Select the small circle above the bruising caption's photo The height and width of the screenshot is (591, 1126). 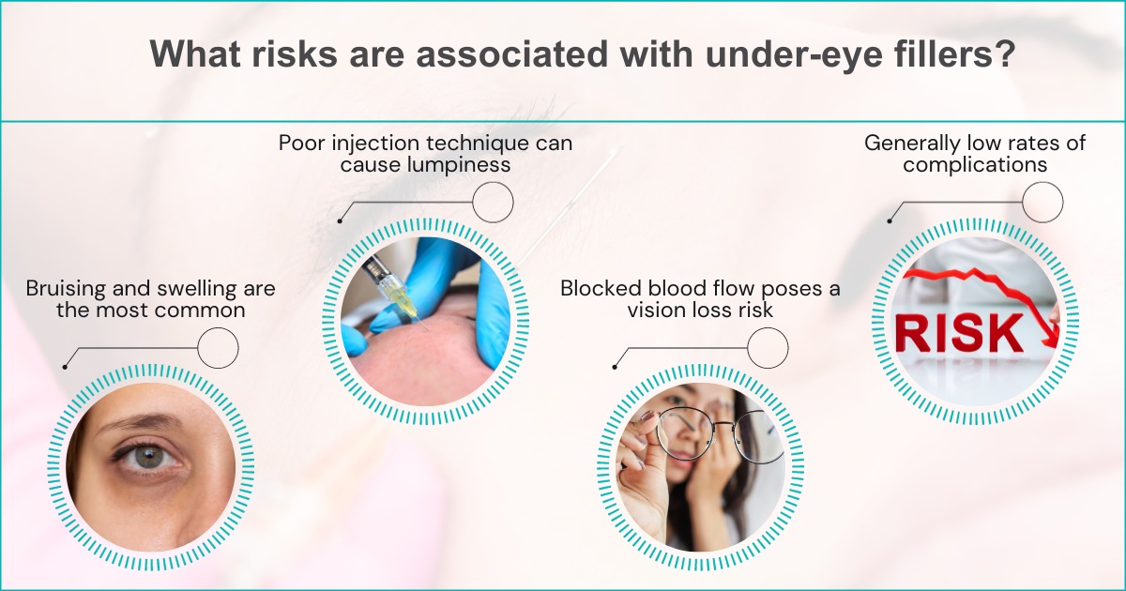(x=219, y=348)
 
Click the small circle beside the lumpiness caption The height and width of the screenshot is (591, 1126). (x=493, y=202)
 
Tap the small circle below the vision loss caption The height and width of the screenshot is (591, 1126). (x=768, y=348)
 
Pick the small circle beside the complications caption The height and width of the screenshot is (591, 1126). (x=1042, y=202)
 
